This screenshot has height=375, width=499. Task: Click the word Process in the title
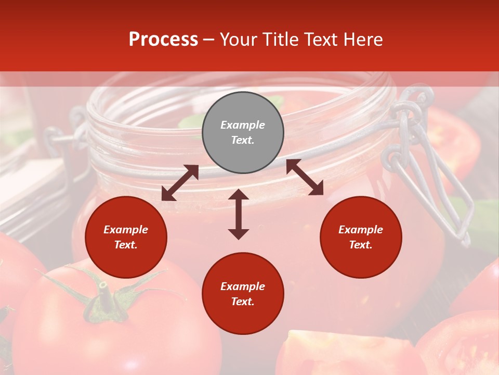tap(163, 40)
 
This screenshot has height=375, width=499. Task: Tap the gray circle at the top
tap(243, 132)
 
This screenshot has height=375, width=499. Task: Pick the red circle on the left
tap(126, 237)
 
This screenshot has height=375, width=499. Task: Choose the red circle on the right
tap(361, 237)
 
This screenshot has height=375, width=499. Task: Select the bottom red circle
tap(243, 293)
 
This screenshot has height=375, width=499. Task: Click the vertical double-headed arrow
tap(239, 214)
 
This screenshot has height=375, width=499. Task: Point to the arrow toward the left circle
tap(180, 183)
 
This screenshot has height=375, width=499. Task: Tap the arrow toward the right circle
tap(305, 177)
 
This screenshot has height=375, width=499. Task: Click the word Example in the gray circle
tap(243, 125)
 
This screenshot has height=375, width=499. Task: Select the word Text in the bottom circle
tap(242, 302)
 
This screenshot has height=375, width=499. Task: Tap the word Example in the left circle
tap(126, 230)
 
